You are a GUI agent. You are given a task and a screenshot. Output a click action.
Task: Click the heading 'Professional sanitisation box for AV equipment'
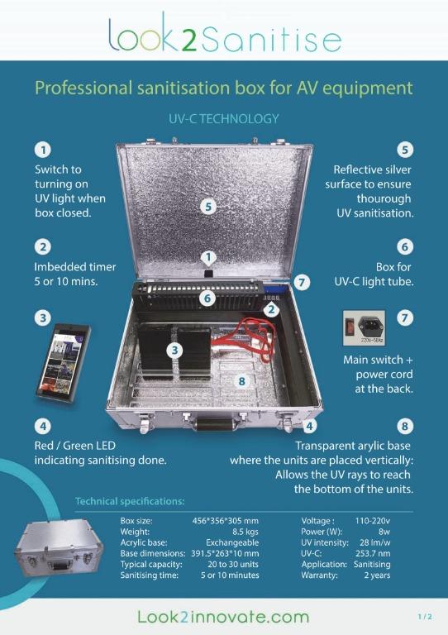tap(223, 88)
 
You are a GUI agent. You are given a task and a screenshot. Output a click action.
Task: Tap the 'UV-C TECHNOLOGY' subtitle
tap(223, 119)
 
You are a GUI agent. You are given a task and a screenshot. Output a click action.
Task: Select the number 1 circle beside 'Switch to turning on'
tap(41, 150)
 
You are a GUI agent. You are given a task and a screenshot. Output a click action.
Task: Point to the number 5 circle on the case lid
tap(209, 207)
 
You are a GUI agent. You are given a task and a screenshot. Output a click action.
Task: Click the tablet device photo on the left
tap(63, 360)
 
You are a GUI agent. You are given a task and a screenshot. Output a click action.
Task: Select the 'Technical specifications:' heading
tap(130, 501)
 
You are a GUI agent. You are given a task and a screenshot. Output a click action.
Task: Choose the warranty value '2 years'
tap(376, 575)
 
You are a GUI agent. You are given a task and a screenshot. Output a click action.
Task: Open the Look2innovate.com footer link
tap(223, 616)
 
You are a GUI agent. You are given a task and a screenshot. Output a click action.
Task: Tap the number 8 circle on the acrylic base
tap(241, 381)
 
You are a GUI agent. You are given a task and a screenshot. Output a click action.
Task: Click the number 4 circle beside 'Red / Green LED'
tap(41, 427)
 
